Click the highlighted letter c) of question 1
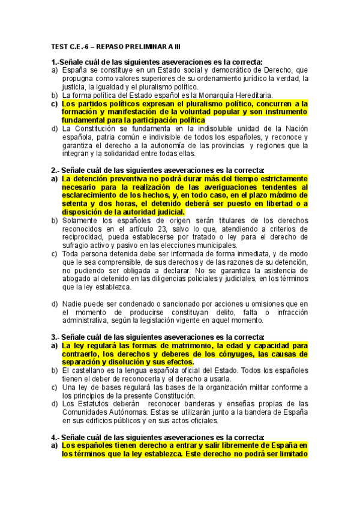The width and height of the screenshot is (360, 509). [x=55, y=104]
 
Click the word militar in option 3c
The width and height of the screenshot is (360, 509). [x=259, y=387]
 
